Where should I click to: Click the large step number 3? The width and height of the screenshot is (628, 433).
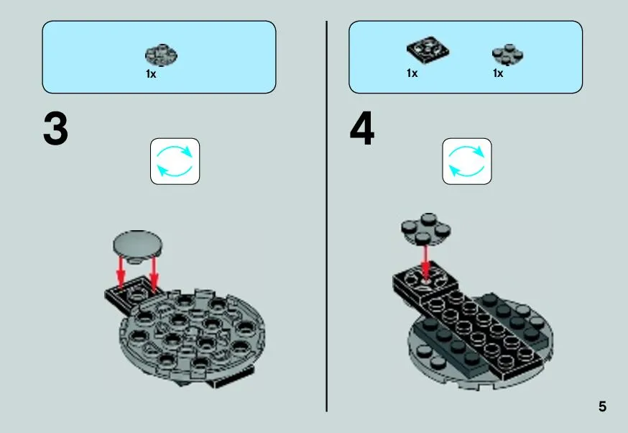tap(55, 129)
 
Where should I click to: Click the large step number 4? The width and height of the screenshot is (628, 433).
tap(362, 129)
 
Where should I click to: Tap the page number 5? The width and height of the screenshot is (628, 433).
tap(602, 406)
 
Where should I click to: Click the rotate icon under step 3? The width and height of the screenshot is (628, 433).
tap(175, 161)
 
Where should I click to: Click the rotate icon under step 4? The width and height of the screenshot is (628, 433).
tap(467, 161)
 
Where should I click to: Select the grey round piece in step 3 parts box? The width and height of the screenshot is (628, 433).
tap(161, 55)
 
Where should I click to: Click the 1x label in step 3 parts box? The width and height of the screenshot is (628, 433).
tap(151, 74)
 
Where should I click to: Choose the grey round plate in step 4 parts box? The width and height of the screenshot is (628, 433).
tap(507, 55)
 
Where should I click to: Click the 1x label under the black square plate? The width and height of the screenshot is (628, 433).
tap(412, 73)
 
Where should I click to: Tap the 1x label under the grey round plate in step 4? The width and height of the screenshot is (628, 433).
tap(498, 73)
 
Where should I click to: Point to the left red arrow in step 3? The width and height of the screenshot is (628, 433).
tap(121, 273)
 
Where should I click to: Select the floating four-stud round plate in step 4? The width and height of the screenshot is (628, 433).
tap(426, 229)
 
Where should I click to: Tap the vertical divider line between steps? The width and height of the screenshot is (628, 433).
tap(327, 216)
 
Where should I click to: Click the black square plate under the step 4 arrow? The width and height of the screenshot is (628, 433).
tap(425, 282)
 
